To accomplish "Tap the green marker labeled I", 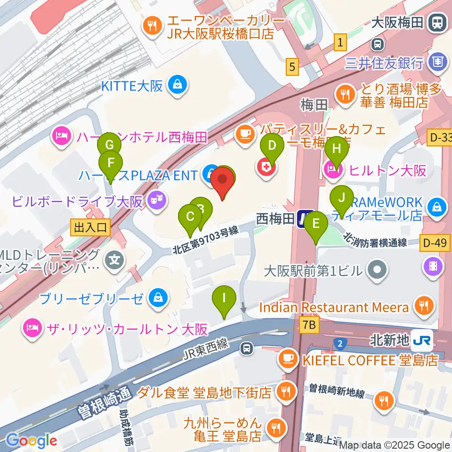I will pyautogui.click(x=224, y=298).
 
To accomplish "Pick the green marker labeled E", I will pyautogui.click(x=316, y=224).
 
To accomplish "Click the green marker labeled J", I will pyautogui.click(x=342, y=197).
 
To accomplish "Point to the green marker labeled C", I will pyautogui.click(x=190, y=217).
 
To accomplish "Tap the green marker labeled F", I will pyautogui.click(x=111, y=163).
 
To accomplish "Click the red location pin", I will pyautogui.click(x=222, y=181).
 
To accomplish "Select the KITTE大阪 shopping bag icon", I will pyautogui.click(x=178, y=85).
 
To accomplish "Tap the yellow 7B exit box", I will pyautogui.click(x=308, y=324).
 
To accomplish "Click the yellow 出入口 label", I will pyautogui.click(x=90, y=227).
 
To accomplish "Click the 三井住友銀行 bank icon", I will pyautogui.click(x=437, y=61).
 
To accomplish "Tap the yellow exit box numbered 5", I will pyautogui.click(x=293, y=67).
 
